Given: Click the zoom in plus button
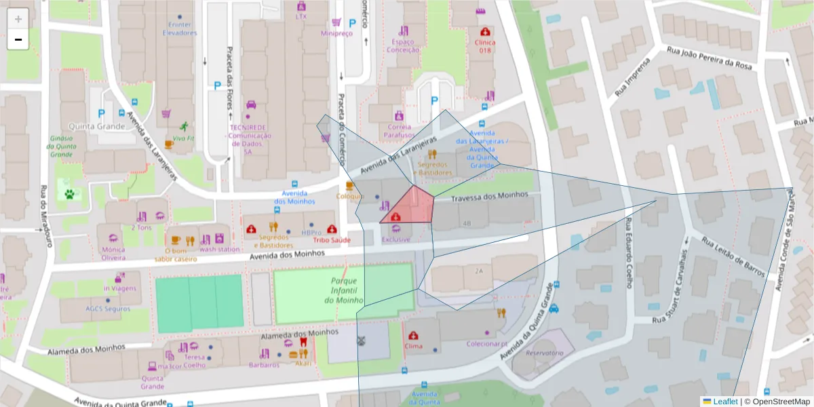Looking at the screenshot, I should coord(18,19).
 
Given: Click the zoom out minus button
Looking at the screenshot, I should coord(18,39).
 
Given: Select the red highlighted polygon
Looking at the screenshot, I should coord(411,207).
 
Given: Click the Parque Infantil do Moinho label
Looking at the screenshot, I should coord(344,290).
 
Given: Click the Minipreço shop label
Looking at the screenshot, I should coord(337,33).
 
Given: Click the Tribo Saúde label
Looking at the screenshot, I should coord(331,240).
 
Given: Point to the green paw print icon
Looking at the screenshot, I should coord(69,193).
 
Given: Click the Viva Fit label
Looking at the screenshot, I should coord(183,138).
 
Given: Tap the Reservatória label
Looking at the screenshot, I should coord(545,353).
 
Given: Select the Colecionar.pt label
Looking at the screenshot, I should coord(487,344).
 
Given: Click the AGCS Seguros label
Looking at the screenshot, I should coord(107,308).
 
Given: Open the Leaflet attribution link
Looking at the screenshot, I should coord(724,402).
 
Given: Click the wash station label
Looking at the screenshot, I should coord(219,249).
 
